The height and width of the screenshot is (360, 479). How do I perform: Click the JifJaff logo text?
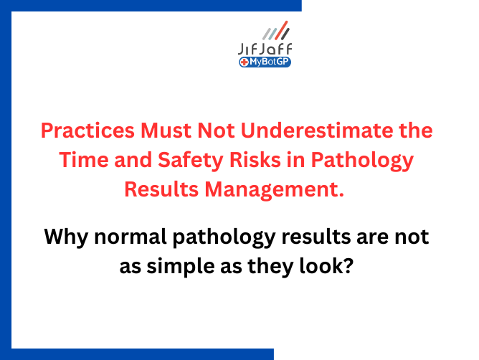pyautogui.click(x=264, y=49)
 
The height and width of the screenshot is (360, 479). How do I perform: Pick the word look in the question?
pyautogui.click(x=332, y=266)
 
